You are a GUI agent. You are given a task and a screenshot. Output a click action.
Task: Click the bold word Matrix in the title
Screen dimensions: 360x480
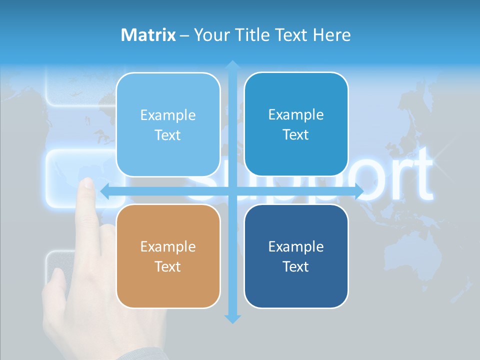pos(148,35)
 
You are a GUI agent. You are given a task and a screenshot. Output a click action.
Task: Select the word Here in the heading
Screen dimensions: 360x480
pos(332,35)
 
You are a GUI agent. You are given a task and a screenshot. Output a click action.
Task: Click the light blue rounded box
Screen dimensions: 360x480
pos(168,124)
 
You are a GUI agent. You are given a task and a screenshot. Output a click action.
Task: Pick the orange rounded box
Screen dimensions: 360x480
pos(168,256)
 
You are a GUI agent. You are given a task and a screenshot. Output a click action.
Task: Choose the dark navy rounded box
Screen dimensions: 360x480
pos(296,256)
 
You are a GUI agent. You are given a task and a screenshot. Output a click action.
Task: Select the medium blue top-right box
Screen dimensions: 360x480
pos(296,124)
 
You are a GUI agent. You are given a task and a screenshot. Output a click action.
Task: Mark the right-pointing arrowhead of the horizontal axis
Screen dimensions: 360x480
pos(359,191)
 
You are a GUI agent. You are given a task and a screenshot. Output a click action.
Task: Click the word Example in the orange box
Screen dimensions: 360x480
pos(168,246)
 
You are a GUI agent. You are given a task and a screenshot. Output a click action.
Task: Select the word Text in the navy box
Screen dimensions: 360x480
pos(296,266)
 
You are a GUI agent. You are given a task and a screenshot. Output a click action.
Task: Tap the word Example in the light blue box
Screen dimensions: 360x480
pos(168,115)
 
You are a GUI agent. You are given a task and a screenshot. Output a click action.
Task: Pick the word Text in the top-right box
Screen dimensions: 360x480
pos(296,134)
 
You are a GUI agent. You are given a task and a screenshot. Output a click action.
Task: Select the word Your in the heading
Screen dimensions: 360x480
pos(211,35)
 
